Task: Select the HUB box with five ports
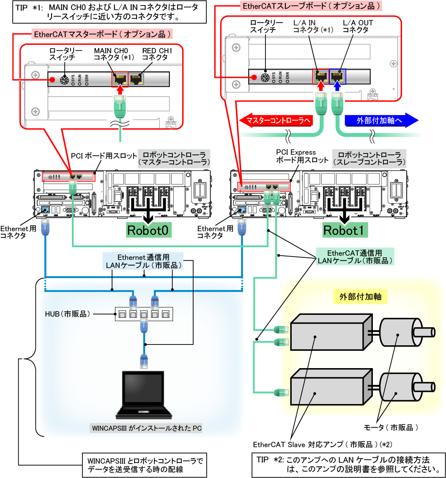(x=144, y=314)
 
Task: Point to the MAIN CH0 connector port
(x=120, y=79)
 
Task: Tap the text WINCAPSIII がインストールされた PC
(x=147, y=428)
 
